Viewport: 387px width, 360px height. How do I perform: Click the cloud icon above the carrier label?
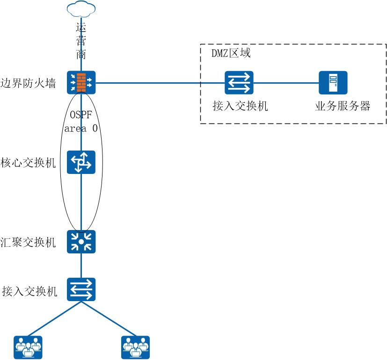pos(81,8)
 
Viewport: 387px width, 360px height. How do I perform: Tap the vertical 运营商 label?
pos(81,41)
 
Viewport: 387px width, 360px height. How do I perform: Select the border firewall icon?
pos(81,82)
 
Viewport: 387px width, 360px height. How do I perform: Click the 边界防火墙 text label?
pos(29,83)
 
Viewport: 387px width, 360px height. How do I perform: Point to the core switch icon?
pos(81,162)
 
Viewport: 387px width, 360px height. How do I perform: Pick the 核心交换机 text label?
pos(29,163)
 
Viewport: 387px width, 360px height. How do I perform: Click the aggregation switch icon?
pos(81,242)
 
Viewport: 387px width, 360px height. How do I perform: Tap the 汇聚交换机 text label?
pos(29,242)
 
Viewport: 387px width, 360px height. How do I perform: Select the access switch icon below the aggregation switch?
pos(81,289)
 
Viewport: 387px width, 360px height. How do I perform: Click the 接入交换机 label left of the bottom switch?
pos(29,291)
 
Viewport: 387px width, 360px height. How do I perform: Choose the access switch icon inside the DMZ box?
pos(239,83)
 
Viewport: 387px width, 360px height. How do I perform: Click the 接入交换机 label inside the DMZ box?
pos(240,106)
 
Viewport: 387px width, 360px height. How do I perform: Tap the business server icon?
pos(333,83)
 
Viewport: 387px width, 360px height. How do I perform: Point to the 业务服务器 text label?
pos(343,106)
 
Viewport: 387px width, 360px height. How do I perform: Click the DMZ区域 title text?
pos(232,53)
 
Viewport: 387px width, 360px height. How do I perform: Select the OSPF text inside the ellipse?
pos(81,115)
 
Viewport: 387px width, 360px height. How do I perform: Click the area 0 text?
pos(81,129)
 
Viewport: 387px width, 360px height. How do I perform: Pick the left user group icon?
pos(28,347)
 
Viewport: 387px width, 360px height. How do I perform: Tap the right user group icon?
pos(136,347)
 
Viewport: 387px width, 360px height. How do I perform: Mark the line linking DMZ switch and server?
pos(286,83)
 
